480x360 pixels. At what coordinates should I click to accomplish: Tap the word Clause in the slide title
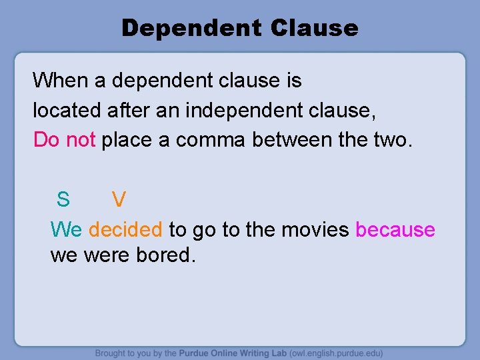[x=315, y=28]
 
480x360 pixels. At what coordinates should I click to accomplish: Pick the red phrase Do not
[x=65, y=139]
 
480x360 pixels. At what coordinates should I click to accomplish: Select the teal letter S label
[x=63, y=199]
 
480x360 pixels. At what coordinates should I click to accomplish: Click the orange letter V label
[x=119, y=199]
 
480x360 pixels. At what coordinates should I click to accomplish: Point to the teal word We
[x=66, y=230]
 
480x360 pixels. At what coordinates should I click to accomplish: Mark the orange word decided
[x=125, y=230]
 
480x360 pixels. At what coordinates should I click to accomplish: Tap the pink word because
[x=395, y=230]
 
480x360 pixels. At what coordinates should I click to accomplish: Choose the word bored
[x=163, y=255]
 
